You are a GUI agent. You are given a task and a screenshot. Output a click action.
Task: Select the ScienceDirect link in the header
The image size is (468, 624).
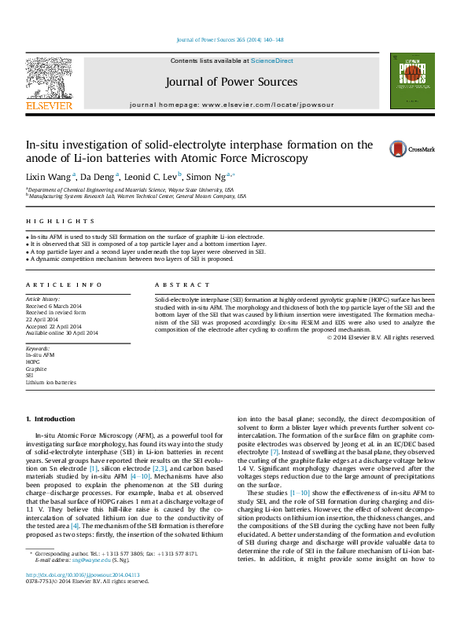(272, 61)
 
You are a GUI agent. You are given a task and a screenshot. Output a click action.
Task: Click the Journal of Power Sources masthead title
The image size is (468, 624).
(231, 82)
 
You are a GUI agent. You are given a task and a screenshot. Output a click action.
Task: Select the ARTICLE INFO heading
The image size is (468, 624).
(64, 284)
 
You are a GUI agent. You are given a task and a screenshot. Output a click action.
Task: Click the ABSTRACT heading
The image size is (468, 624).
(182, 284)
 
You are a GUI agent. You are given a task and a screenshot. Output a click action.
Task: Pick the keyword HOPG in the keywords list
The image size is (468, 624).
(34, 362)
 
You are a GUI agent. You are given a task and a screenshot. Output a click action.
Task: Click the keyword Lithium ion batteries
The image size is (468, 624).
(51, 382)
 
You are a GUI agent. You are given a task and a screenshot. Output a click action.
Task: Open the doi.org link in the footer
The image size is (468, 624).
(78, 596)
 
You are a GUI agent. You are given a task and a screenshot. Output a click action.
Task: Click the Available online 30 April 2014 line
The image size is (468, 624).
(62, 332)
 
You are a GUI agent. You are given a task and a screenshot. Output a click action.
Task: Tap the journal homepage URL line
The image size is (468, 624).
(231, 105)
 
